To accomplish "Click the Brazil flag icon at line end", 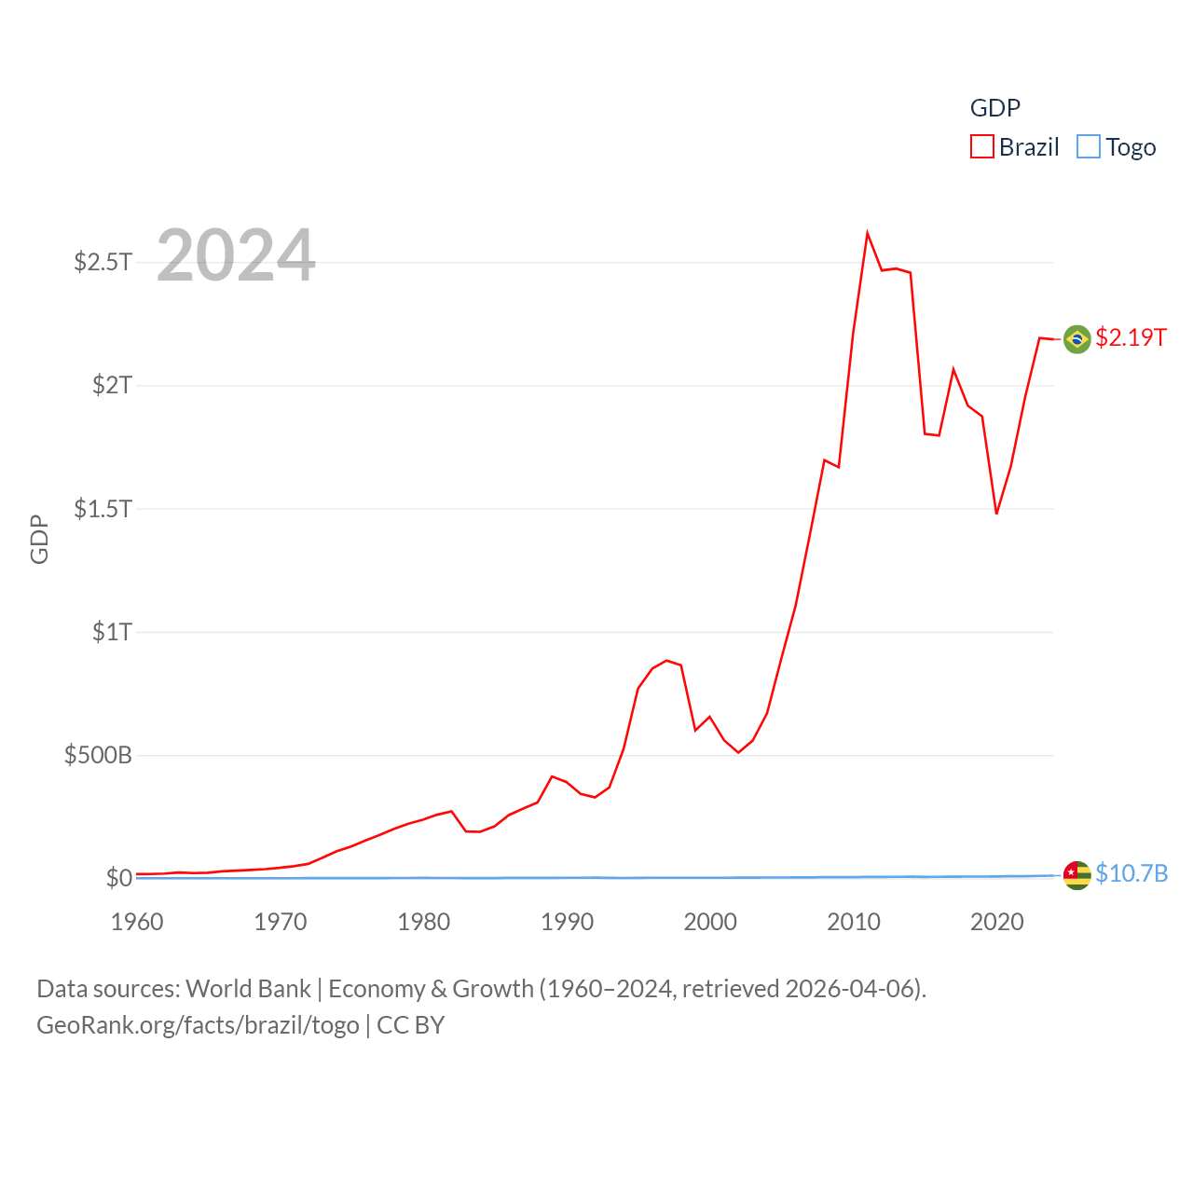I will [1076, 339].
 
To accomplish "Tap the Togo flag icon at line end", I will [1076, 875].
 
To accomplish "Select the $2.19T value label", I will [1131, 337].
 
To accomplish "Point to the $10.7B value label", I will [1131, 873].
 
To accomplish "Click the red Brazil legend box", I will [982, 147].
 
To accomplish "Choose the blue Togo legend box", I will [1089, 147].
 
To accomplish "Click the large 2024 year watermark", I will [236, 255].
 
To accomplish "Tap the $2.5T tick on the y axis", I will [103, 262].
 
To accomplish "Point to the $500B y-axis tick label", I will [98, 755].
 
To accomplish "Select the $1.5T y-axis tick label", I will [103, 509].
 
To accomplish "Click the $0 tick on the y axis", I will [118, 878].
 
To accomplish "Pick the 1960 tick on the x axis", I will [137, 923].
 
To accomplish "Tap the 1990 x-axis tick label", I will [567, 923].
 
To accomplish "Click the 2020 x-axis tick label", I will [996, 923].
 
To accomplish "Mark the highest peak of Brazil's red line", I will [867, 233].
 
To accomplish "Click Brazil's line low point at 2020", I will [996, 513].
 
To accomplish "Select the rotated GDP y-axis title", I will [39, 539].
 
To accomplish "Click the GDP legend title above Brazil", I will [994, 108].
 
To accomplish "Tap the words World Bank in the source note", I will [248, 989].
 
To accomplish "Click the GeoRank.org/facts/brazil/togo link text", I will [198, 1025].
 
